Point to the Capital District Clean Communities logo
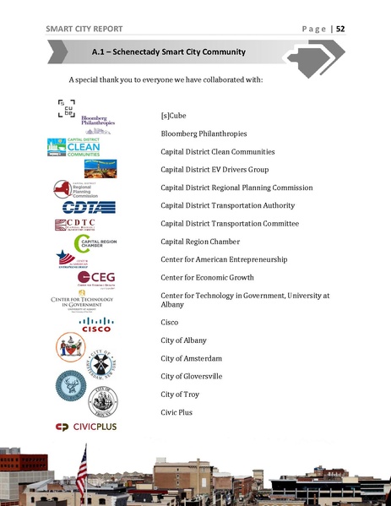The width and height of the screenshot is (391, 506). tap(74, 149)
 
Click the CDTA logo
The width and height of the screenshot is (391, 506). tap(88, 207)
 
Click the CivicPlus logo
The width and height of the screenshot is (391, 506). tap(86, 427)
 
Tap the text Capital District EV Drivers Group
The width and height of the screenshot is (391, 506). tap(214, 170)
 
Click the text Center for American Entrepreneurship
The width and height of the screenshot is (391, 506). tap(223, 259)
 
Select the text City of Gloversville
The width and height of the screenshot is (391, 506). tap(191, 376)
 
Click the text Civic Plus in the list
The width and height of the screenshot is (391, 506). tap(176, 412)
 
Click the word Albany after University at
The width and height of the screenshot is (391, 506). tap(173, 304)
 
